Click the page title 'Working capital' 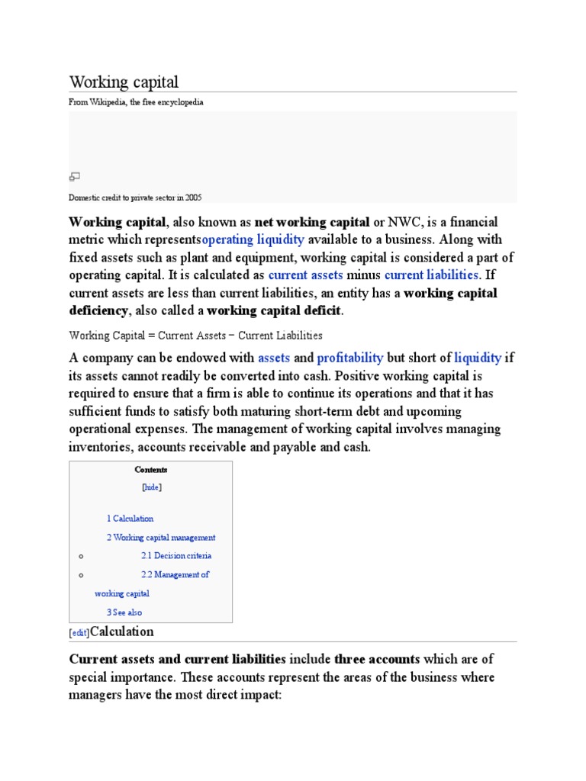tap(124, 82)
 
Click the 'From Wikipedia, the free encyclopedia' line tap(136, 102)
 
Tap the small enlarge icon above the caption tap(75, 177)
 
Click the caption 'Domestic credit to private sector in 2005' tap(135, 197)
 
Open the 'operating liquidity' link tap(253, 239)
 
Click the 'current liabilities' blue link tap(431, 275)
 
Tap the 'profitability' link tap(349, 358)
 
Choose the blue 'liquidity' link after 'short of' tap(478, 358)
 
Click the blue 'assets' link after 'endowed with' tap(274, 358)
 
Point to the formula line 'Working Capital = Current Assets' tap(195, 336)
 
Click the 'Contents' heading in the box tap(151, 470)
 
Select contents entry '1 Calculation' tap(130, 519)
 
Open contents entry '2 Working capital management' tap(161, 538)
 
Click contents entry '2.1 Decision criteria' tap(176, 556)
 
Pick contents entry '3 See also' tap(124, 612)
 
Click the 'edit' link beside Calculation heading tap(79, 633)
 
